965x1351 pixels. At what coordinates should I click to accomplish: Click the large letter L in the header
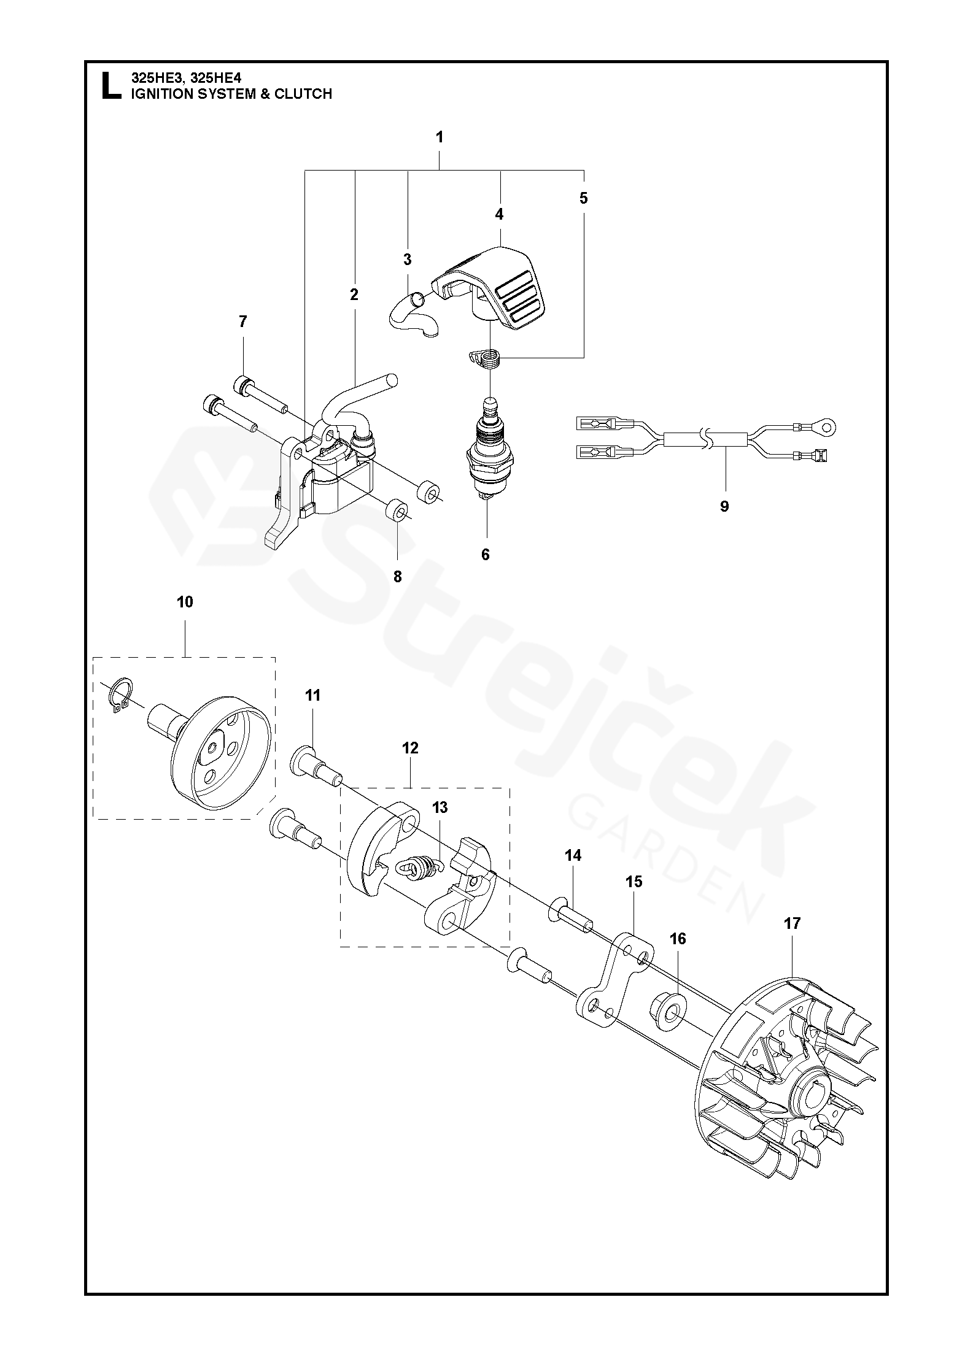pyautogui.click(x=110, y=86)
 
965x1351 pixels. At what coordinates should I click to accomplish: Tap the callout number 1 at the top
pyautogui.click(x=440, y=137)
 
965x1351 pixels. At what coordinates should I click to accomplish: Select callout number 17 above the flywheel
pyautogui.click(x=793, y=941)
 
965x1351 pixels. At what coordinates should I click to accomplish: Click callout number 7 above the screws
pyautogui.click(x=242, y=321)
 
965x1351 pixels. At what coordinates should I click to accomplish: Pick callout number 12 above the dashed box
pyautogui.click(x=410, y=748)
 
